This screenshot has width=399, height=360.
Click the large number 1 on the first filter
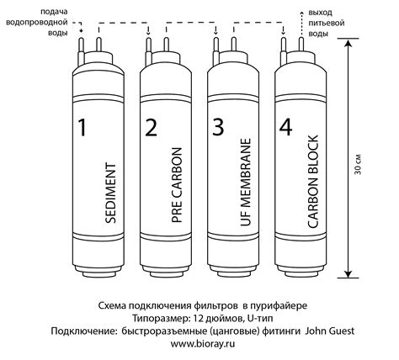(82, 127)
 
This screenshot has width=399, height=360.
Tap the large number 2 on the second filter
(152, 127)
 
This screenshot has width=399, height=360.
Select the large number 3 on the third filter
(218, 127)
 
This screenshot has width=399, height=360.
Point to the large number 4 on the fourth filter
(286, 127)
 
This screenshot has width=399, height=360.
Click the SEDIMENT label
(110, 193)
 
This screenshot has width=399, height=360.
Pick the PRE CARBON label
(177, 185)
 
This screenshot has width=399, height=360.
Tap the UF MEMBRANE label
(245, 183)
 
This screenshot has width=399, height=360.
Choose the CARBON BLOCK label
(313, 182)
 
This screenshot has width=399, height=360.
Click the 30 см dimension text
(358, 164)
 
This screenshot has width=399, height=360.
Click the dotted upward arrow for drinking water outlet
(301, 24)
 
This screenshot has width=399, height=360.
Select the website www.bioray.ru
(203, 344)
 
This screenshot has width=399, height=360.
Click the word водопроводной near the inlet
(37, 23)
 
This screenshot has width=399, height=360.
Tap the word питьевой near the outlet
(327, 23)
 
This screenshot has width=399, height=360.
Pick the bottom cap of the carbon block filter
(301, 271)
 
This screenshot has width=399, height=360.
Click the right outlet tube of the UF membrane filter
(234, 45)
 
